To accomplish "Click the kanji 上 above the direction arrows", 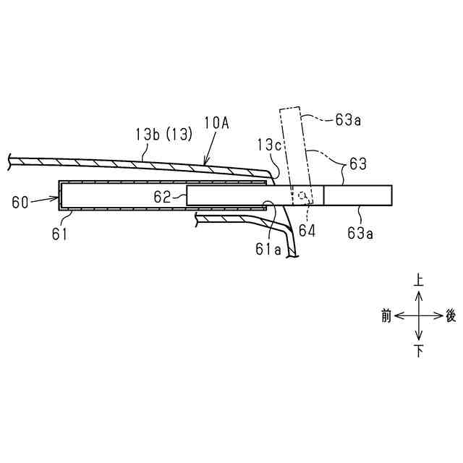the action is tap(418, 278).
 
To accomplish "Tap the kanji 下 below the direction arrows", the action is tap(418, 352).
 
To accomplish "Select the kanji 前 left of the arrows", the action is tap(386, 316).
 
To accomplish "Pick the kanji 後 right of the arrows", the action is tap(451, 316).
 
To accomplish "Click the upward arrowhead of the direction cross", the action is tap(418, 292).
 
